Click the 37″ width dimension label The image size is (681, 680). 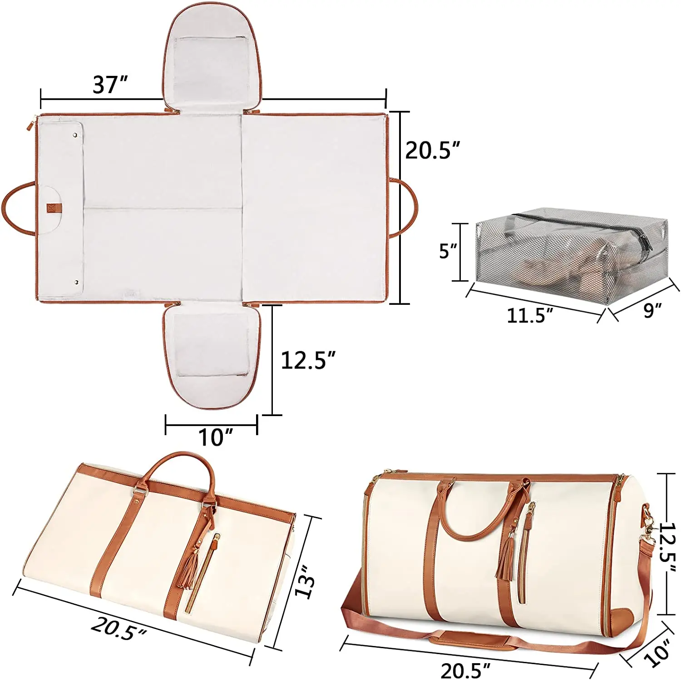click(x=110, y=85)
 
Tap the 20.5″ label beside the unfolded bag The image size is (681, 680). click(x=433, y=150)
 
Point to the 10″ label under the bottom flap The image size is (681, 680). click(x=216, y=437)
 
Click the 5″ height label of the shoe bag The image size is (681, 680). click(x=448, y=251)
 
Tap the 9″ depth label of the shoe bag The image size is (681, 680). click(x=652, y=310)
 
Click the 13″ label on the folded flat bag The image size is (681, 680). click(x=305, y=581)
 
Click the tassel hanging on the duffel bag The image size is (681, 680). click(x=505, y=559)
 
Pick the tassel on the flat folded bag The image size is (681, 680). click(x=190, y=570)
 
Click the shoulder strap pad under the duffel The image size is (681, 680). click(x=470, y=640)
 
